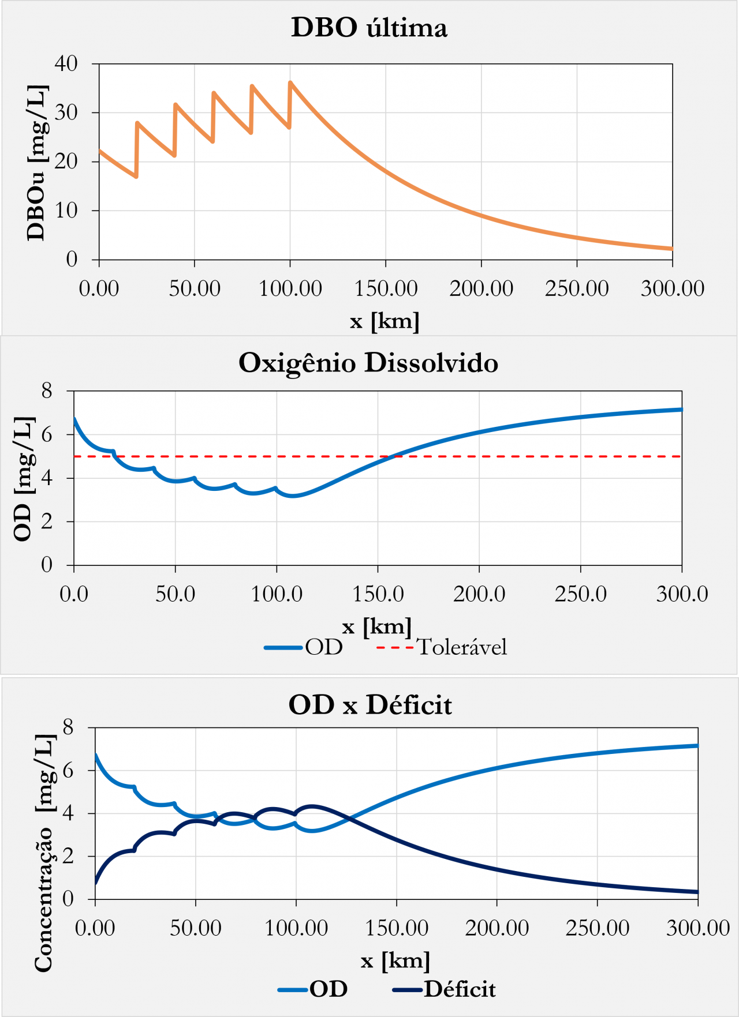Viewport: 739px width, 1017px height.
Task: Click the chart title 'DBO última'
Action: (x=369, y=28)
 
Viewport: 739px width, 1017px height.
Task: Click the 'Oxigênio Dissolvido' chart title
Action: (x=368, y=363)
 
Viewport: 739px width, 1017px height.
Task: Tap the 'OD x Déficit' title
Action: (x=370, y=705)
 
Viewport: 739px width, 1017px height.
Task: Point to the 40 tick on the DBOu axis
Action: (x=66, y=63)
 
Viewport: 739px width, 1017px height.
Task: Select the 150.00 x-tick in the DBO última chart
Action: (x=386, y=288)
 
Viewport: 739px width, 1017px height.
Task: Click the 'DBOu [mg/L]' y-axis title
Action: (x=36, y=163)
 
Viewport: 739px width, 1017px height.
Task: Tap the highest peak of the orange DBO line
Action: (x=290, y=82)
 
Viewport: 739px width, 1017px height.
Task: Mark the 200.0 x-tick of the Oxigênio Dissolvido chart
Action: (x=479, y=594)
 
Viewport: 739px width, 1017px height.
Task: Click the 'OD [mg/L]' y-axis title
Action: (x=23, y=478)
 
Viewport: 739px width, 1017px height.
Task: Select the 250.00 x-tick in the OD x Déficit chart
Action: (x=598, y=928)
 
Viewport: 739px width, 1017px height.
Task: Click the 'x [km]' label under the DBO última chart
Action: (x=385, y=321)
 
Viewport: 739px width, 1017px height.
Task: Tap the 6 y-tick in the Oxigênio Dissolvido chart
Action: (x=47, y=434)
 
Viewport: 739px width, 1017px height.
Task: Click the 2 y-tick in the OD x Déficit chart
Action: (x=68, y=856)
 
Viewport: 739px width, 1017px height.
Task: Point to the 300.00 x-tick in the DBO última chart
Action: (x=673, y=288)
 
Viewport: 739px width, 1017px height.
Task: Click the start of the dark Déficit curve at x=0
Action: (x=96, y=882)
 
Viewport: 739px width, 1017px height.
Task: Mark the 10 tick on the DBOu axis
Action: (x=66, y=211)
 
